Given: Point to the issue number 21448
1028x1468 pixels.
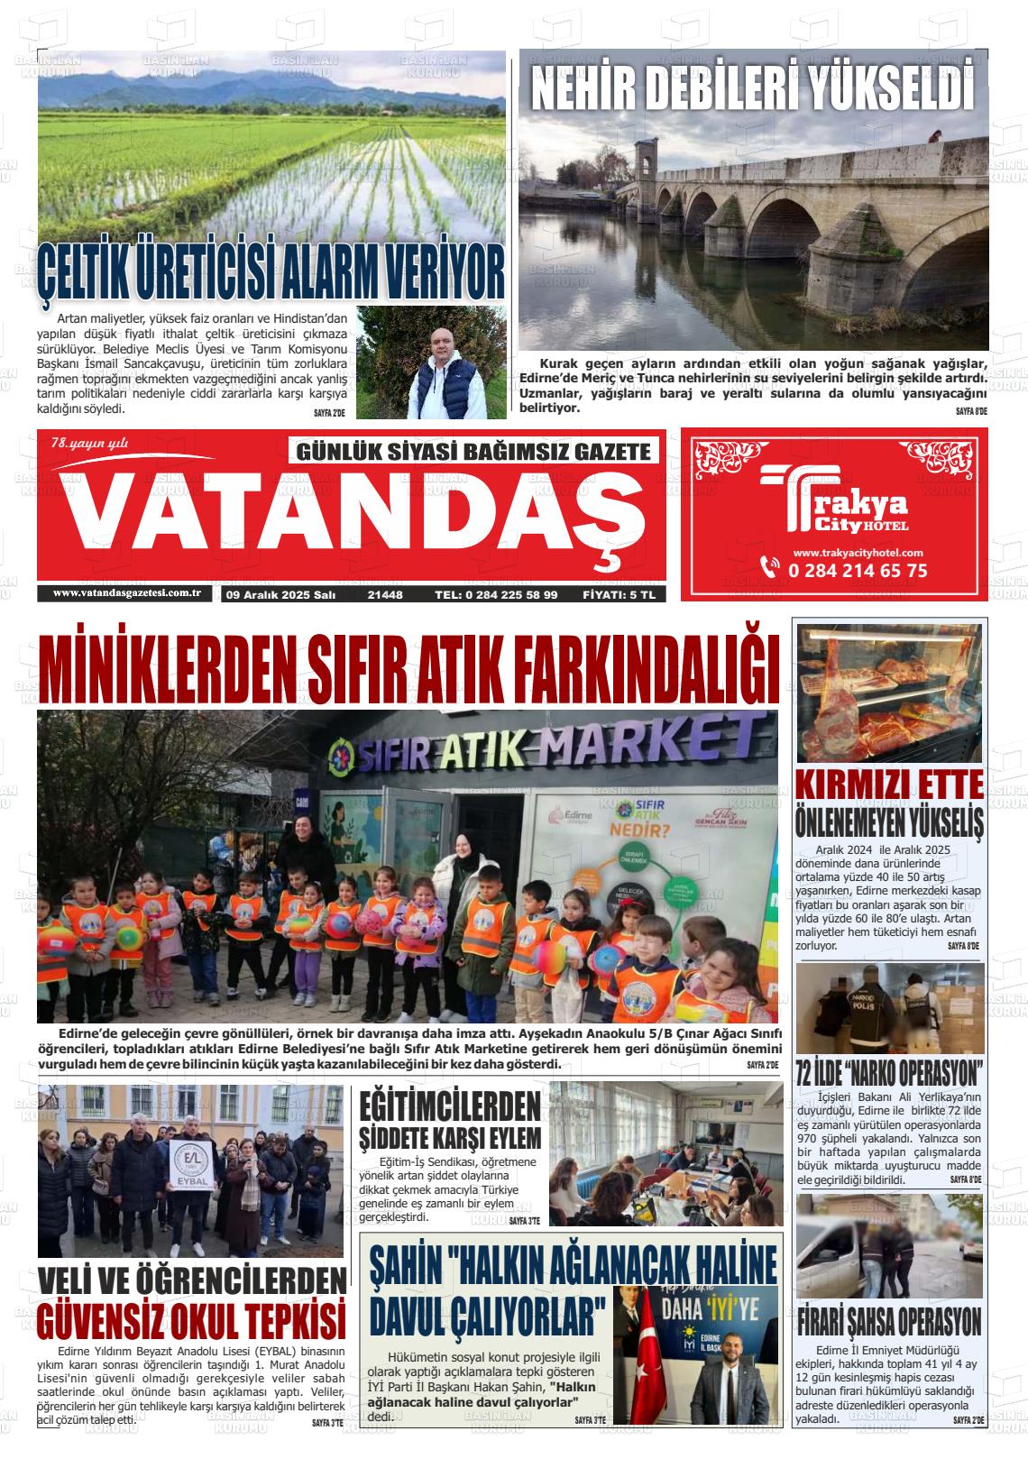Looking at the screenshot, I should click(x=385, y=595).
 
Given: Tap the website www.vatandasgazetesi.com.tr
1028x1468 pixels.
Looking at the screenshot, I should click(x=125, y=593).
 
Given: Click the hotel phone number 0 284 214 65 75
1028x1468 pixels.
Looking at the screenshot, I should click(x=857, y=571).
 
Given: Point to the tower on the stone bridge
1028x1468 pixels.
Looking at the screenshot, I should click(x=646, y=163).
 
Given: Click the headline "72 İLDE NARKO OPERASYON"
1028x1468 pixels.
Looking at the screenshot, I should click(x=889, y=1074).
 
